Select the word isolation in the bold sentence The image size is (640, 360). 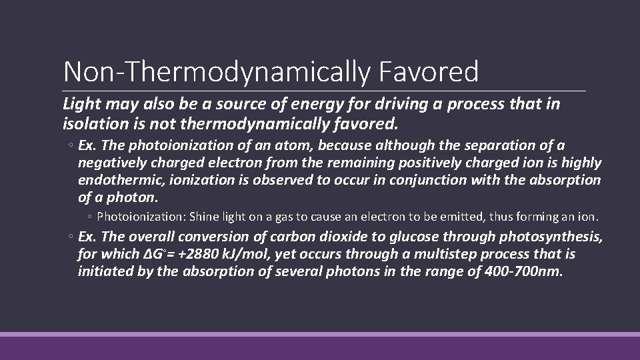point(89,123)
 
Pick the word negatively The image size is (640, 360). point(109,163)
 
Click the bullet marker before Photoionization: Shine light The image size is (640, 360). point(91,217)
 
